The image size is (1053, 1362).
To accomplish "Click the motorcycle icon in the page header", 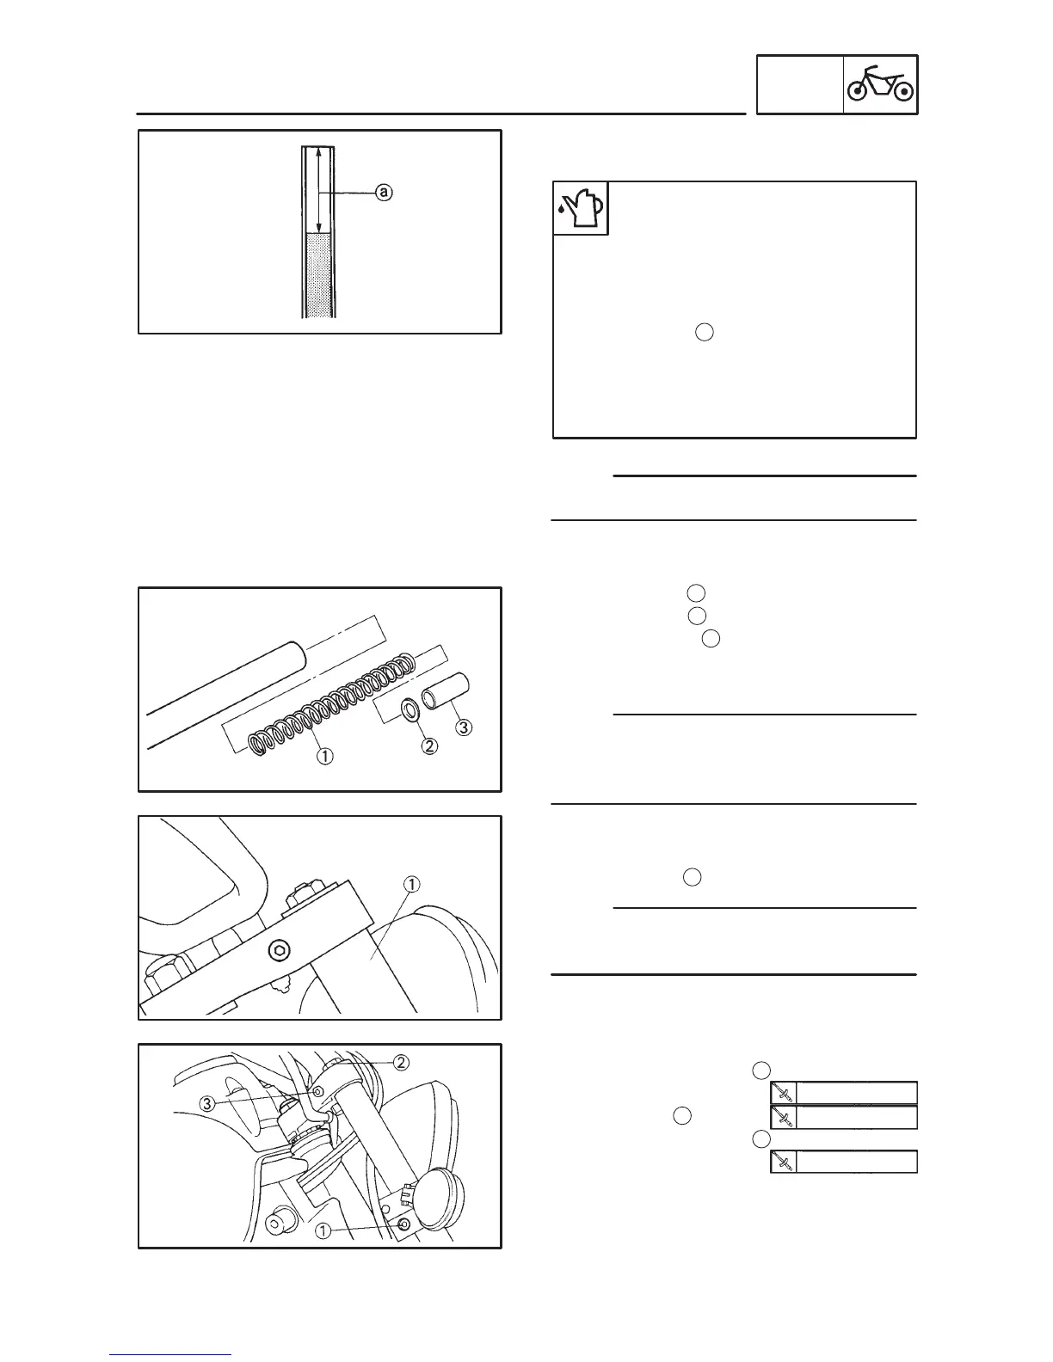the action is (x=880, y=84).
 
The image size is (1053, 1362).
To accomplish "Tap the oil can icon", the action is (x=581, y=208).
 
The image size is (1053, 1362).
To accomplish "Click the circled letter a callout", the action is (x=384, y=193).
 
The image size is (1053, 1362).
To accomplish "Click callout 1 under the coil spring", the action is (x=324, y=757).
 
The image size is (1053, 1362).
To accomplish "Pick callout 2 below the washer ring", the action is (x=428, y=746).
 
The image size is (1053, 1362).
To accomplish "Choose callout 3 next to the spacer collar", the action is (x=463, y=728).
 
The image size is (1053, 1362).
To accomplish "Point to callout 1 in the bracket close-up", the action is (x=412, y=885).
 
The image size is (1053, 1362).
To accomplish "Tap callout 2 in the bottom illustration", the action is (x=400, y=1062).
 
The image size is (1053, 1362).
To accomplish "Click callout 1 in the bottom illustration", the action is (x=323, y=1231).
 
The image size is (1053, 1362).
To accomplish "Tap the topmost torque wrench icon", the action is (x=783, y=1093).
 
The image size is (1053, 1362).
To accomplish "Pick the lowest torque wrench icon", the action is (x=783, y=1162).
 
